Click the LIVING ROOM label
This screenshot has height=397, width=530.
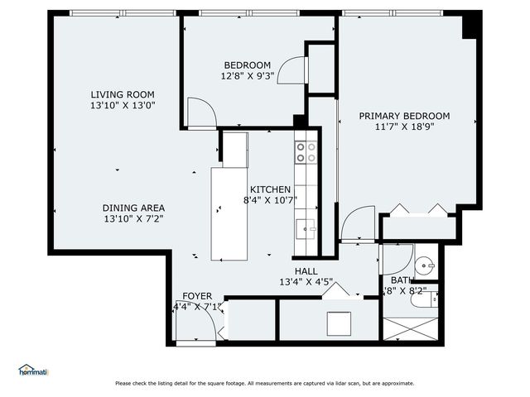(123, 94)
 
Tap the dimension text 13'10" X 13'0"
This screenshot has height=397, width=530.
(123, 106)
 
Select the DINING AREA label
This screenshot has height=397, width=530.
(133, 208)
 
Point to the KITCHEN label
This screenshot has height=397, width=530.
(270, 189)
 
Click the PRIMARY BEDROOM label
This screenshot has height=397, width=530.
(404, 116)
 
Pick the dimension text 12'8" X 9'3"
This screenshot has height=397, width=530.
(247, 77)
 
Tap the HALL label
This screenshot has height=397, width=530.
(306, 270)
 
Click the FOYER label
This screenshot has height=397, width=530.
(197, 295)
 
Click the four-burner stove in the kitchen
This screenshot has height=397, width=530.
(306, 151)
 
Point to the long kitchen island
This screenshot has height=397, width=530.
(231, 213)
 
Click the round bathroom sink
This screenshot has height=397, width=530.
(424, 265)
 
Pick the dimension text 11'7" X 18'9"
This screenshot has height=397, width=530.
(404, 127)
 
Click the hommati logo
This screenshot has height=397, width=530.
(33, 371)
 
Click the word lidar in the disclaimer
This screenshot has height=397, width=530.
(335, 383)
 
